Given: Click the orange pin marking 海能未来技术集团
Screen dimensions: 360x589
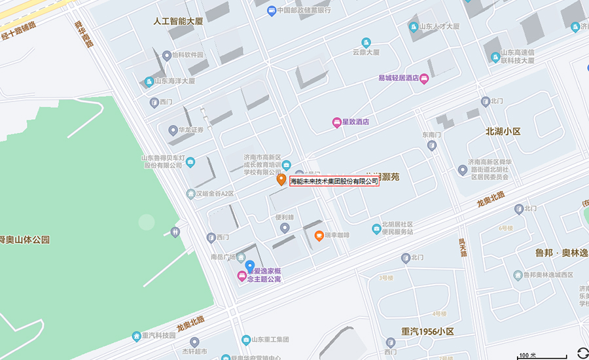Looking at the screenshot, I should pos(281,179).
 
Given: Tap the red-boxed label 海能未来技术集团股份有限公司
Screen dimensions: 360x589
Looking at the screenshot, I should pos(334,181).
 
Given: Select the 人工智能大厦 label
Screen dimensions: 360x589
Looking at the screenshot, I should pos(178,22).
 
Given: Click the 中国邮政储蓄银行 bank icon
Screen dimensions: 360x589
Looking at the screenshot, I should pos(272,10).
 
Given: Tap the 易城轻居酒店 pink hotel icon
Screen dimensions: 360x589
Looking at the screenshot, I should pos(424,79).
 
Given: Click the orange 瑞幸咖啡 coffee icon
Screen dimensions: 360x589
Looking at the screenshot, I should pos(319,236).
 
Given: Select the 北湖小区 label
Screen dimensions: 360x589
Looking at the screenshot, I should pos(503,132).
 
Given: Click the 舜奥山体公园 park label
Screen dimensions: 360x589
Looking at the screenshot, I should pos(25,240).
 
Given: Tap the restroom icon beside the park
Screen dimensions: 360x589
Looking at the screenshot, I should pos(175,232).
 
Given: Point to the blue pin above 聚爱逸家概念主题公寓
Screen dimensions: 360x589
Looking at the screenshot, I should pos(249,266).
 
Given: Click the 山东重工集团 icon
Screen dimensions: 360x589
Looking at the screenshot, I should pos(246,340).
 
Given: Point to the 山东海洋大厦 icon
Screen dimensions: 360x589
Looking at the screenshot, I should pos(149,82).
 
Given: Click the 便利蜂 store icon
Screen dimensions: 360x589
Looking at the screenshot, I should pos(285,228).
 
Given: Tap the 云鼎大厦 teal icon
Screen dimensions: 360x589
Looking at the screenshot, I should pos(366,43).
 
